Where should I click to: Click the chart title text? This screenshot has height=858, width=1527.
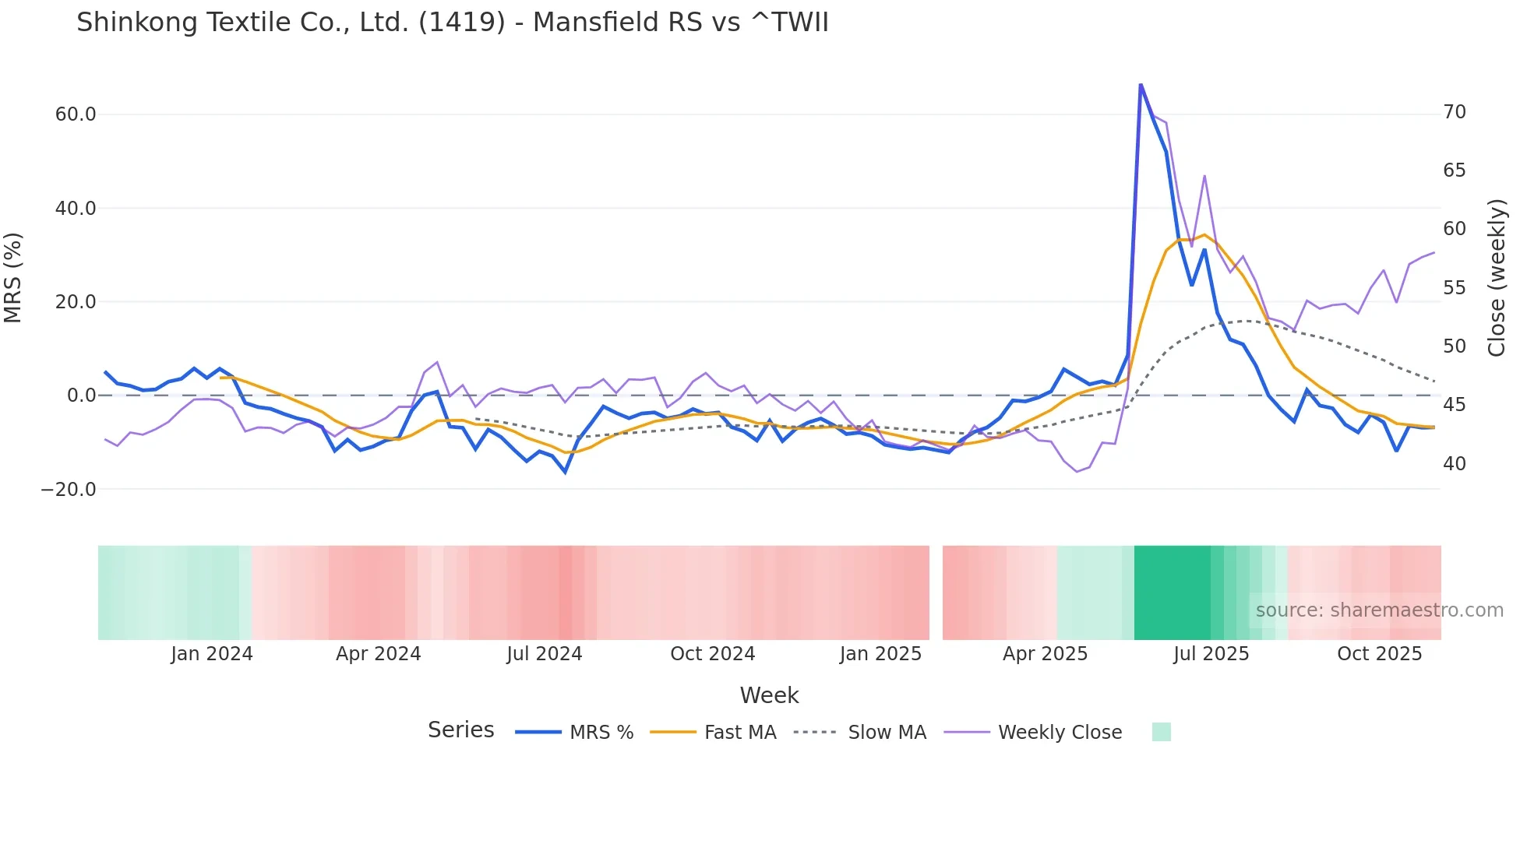coord(452,23)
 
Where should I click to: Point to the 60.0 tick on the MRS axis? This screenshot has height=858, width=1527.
coord(76,114)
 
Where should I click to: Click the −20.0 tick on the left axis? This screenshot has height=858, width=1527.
coord(69,490)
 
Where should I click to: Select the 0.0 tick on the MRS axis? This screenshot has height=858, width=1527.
coord(81,396)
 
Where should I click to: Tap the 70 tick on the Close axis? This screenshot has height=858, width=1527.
coord(1455,112)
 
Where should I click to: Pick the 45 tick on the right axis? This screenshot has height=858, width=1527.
coord(1455,405)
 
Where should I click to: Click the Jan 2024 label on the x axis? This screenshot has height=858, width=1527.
coord(212,654)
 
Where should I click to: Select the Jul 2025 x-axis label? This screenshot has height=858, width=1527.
coord(1211,654)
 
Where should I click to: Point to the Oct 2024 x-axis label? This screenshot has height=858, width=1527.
coord(712,654)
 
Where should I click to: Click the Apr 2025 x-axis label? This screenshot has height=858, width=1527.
coord(1045,654)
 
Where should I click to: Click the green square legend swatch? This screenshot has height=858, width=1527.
coord(1161,732)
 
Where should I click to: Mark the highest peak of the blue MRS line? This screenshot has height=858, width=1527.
coord(1141,84)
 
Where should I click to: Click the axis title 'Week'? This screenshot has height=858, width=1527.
coord(769,695)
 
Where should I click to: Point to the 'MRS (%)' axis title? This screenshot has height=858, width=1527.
coord(12,277)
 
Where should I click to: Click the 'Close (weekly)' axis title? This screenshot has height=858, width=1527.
coord(1497,277)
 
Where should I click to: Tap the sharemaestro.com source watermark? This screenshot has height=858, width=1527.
coord(1379,610)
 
